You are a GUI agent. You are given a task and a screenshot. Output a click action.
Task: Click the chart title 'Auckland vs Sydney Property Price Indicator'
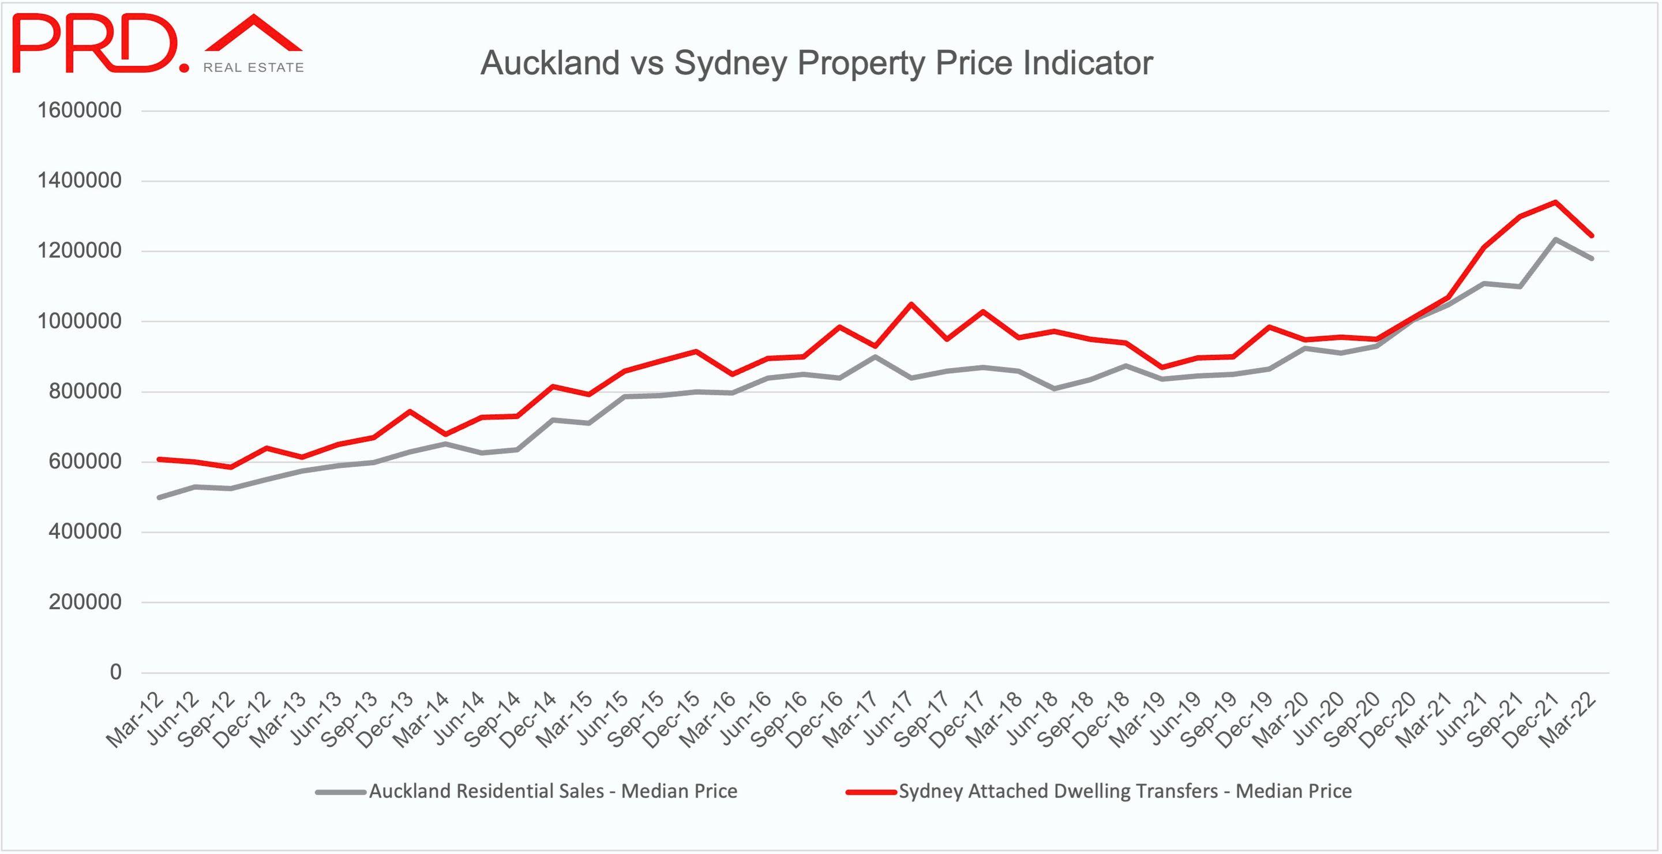pos(816,63)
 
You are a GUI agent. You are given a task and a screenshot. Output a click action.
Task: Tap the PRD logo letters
pos(96,44)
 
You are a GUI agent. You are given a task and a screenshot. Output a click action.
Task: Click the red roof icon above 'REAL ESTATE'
pos(254,33)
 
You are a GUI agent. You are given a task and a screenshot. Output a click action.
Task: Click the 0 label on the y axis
pos(115,673)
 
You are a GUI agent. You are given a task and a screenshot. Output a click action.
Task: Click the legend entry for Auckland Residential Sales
pos(552,791)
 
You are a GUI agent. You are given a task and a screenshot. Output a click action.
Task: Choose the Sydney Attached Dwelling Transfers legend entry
pos(1124,791)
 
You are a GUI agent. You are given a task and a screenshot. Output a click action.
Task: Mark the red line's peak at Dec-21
pos(1555,202)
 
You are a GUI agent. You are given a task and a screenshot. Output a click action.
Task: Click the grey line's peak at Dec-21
pos(1555,239)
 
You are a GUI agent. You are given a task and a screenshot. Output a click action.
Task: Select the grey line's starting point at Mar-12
pos(159,497)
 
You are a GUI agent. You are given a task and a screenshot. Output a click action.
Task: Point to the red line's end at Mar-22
pos(1592,235)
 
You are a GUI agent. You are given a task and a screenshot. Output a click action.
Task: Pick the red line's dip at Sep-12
pos(230,467)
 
